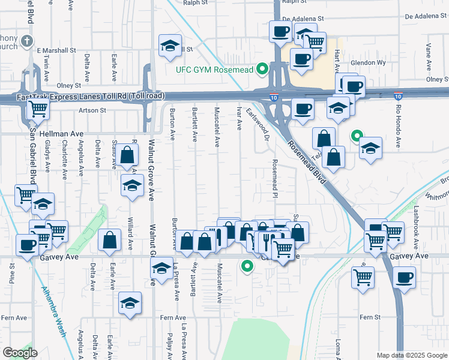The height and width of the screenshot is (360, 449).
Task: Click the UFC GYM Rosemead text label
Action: click(215, 70)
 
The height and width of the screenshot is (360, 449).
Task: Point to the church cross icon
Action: click(26, 41)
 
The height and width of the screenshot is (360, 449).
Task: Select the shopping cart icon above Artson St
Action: click(38, 109)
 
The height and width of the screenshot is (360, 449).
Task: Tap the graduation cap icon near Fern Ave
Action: click(129, 304)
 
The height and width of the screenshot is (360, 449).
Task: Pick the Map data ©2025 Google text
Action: click(412, 355)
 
